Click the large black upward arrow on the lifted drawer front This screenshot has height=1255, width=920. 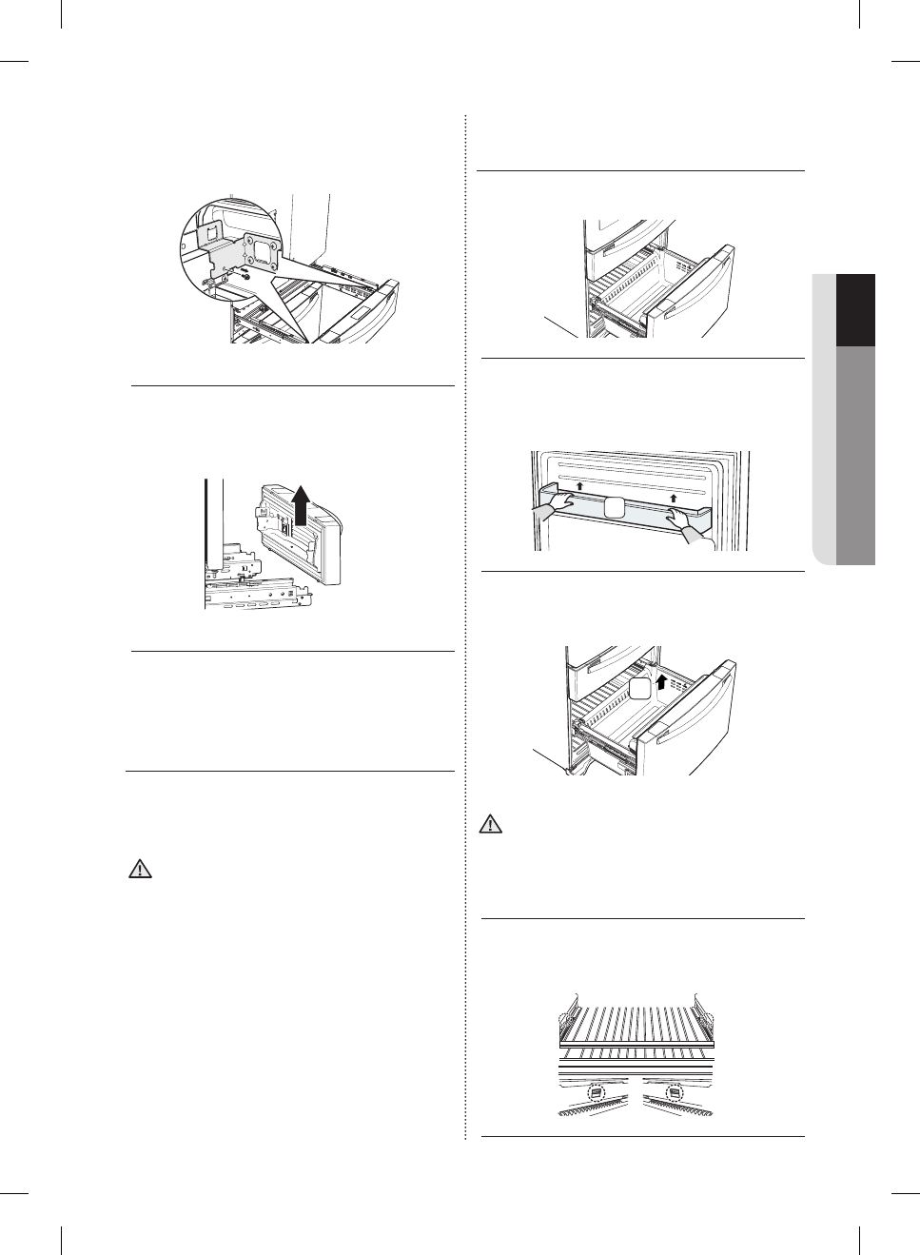301,504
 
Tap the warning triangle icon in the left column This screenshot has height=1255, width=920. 140,870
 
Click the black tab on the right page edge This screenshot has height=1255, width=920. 855,310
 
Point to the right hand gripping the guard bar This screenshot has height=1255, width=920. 685,522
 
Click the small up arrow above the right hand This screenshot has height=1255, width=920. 674,497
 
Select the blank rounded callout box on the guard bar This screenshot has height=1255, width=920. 615,507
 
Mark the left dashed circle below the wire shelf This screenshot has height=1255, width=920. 596,1095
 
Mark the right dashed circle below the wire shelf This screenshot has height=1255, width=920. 675,1094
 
